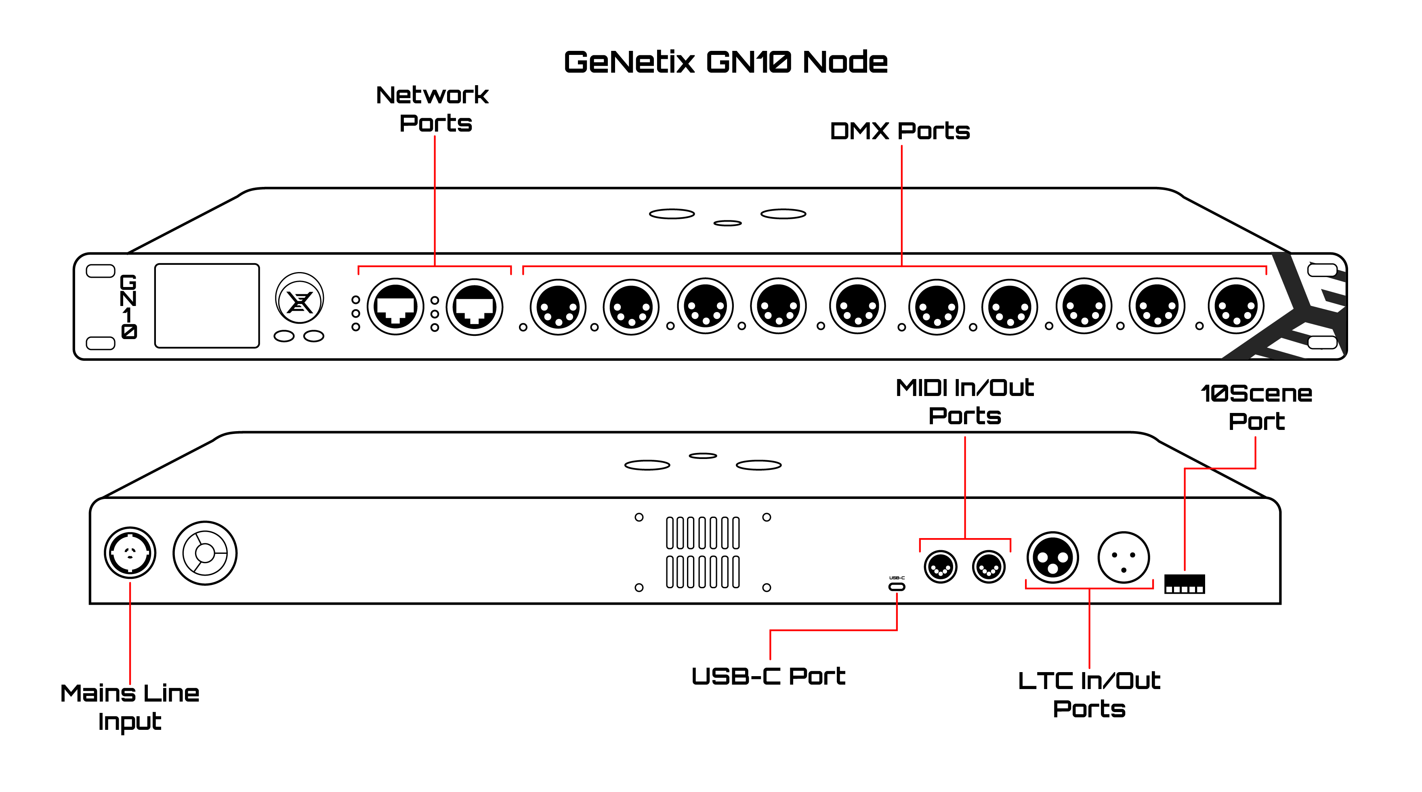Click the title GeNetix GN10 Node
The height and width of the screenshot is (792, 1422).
click(725, 62)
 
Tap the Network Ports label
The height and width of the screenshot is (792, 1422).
click(433, 109)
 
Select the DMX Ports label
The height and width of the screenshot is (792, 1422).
click(900, 131)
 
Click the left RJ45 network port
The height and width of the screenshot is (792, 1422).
click(395, 306)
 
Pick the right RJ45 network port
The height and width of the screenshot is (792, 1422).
click(474, 306)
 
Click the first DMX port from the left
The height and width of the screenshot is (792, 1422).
click(558, 307)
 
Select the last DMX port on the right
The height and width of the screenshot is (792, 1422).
click(1235, 307)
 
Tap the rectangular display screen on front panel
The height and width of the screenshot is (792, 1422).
click(207, 306)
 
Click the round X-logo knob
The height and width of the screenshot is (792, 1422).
click(299, 301)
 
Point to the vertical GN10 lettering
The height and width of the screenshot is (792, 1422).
click(128, 306)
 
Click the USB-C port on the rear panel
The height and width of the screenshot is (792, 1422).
click(897, 586)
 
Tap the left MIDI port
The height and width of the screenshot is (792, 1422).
click(940, 567)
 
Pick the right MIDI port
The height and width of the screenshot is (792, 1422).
click(989, 567)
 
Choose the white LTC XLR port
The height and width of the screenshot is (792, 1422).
click(1124, 557)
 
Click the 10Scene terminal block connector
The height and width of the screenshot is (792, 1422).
click(1184, 584)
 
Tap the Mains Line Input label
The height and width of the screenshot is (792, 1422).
click(130, 707)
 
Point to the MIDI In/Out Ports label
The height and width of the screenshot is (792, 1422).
click(964, 402)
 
